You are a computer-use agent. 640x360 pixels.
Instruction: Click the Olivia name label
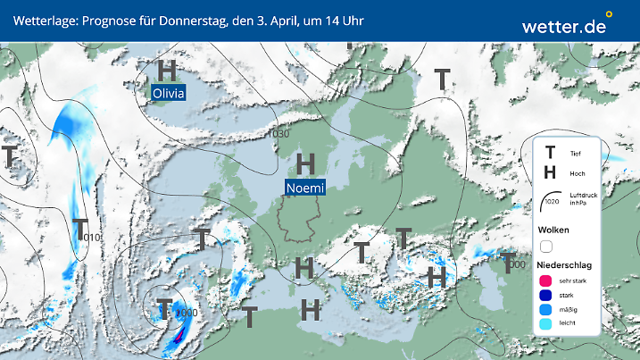coord(168,93)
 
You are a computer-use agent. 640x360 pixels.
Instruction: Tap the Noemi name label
coord(305,188)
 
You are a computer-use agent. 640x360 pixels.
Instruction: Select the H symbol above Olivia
coord(167,70)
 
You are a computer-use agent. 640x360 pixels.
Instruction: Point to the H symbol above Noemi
coord(305,164)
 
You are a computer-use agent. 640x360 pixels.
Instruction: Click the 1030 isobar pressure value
coord(278,134)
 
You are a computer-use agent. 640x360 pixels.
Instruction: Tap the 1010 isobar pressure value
coord(91,238)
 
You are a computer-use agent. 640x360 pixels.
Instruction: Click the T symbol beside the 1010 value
coord(79,229)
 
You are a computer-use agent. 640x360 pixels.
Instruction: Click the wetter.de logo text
coord(563,26)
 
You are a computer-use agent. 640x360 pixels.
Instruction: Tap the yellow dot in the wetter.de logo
coord(609,14)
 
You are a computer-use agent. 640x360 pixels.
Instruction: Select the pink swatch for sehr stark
coord(547,280)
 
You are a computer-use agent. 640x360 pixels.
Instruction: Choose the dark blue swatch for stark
coord(547,296)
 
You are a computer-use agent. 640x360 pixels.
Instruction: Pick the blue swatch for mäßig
coord(547,311)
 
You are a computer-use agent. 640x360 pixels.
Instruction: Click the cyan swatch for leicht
coord(547,326)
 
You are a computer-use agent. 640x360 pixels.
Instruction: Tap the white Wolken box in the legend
coord(547,246)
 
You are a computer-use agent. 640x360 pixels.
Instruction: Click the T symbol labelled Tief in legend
coord(550,154)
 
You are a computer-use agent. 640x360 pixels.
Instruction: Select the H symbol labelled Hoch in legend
coord(550,172)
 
